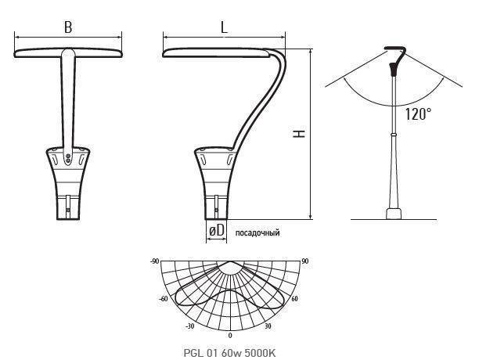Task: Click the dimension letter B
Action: pos(68,27)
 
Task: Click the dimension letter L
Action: pos(224,27)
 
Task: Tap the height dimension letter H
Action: pos(299,134)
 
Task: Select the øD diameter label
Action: pos(217,230)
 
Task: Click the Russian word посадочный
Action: pos(258,232)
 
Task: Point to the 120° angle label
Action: pos(418,114)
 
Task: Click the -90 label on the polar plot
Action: pos(154,261)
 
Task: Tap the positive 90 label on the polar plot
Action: pos(305,261)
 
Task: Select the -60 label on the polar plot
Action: pos(164,299)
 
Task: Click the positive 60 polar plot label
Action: pos(294,299)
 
